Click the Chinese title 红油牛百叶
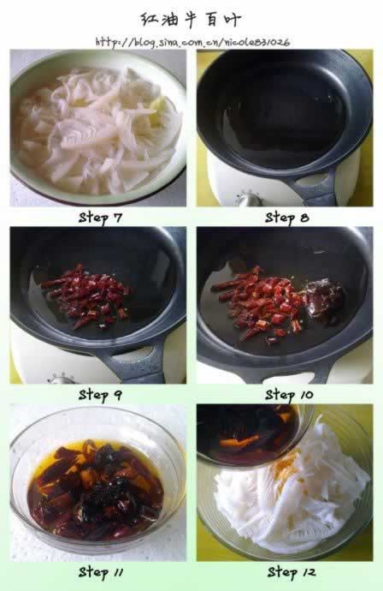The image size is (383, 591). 191,20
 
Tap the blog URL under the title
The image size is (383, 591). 192,42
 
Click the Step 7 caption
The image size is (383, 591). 101,218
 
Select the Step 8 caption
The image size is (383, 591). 287,218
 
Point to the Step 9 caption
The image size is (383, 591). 100,395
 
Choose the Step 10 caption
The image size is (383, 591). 289,395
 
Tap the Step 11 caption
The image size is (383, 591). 101,572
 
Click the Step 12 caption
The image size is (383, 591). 292,572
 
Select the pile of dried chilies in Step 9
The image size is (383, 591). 86,296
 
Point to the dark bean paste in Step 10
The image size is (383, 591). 323,301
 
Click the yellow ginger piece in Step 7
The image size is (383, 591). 157,111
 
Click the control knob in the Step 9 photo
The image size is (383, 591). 62,379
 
